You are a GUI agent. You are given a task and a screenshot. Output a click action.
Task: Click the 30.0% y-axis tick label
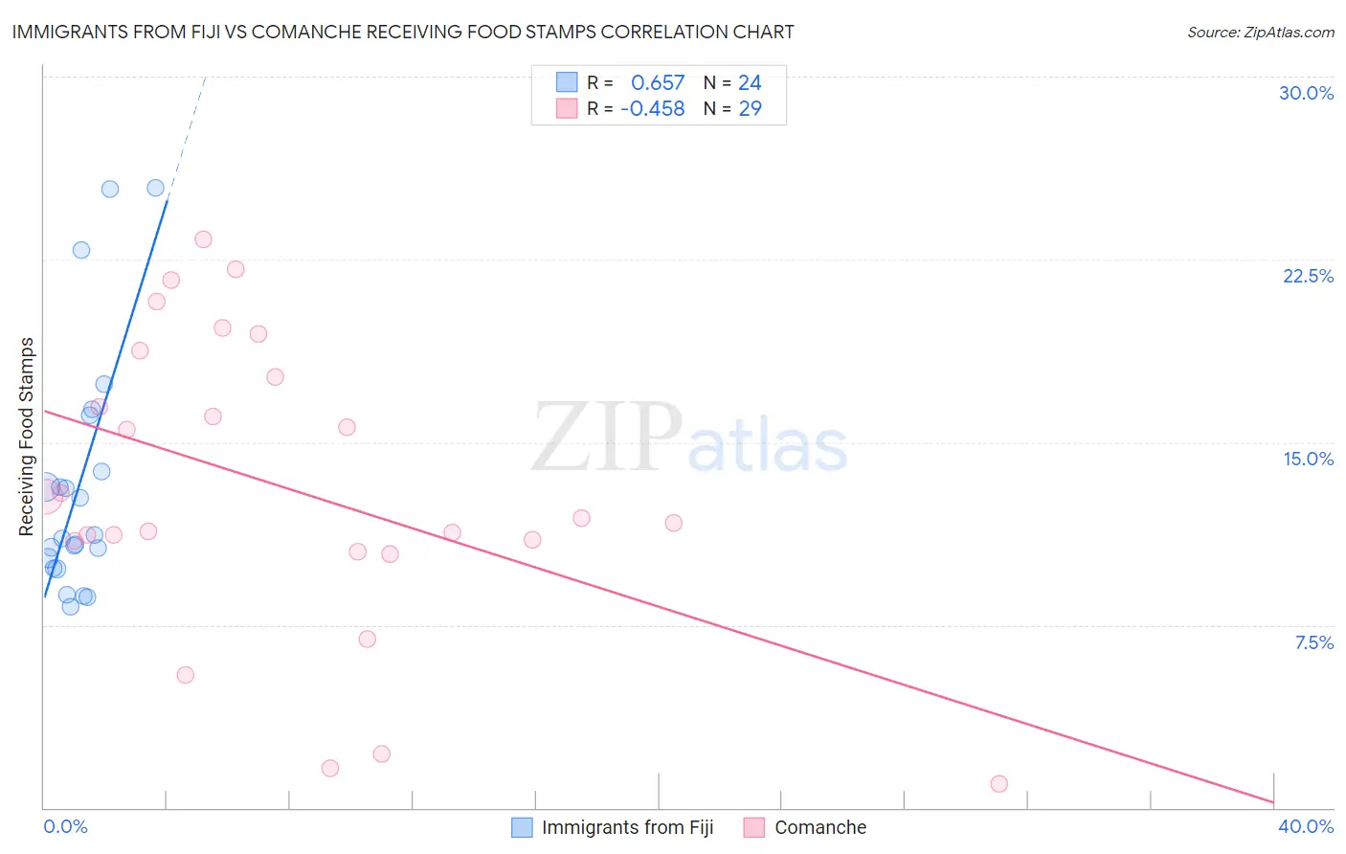point(1306,93)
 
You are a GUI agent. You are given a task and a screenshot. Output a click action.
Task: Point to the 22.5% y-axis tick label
point(1308,276)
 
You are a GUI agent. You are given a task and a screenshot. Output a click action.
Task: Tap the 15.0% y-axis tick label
point(1308,459)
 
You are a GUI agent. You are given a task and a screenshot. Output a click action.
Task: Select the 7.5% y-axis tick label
point(1313,642)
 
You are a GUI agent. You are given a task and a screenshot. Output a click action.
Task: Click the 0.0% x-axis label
point(66,826)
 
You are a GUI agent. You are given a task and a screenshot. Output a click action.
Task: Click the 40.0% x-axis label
point(1305,826)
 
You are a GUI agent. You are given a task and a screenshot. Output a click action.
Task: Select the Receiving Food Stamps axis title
point(27,437)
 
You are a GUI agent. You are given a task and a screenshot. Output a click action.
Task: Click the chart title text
point(403,32)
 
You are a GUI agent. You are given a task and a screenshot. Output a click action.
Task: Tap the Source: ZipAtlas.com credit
point(1260,32)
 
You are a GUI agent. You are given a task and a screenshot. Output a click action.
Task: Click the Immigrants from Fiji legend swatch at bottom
point(522,827)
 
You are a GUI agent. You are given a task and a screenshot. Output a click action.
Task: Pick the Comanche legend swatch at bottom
point(754,827)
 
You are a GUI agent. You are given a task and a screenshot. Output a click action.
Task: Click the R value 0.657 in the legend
point(658,83)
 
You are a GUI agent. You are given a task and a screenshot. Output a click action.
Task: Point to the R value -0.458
point(653,109)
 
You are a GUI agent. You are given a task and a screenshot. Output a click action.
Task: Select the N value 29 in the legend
point(750,109)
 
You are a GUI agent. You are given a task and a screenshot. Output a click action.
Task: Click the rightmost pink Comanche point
point(998,784)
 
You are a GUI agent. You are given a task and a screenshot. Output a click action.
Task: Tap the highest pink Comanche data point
point(203,239)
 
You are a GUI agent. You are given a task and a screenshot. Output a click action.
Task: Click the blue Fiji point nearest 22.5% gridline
point(81,250)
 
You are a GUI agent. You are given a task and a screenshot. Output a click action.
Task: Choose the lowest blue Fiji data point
point(70,606)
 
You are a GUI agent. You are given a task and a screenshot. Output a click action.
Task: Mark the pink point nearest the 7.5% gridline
point(367,639)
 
